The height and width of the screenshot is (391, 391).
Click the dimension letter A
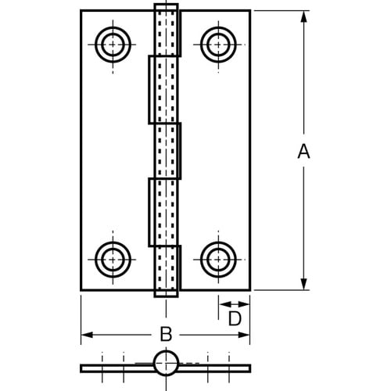pyautogui.click(x=303, y=152)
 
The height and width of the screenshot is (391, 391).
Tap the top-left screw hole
pyautogui.click(x=113, y=44)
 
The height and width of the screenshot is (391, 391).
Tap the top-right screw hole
pyautogui.click(x=217, y=44)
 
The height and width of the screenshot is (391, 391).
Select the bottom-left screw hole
pyautogui.click(x=113, y=257)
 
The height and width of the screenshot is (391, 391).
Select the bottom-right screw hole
pyautogui.click(x=217, y=257)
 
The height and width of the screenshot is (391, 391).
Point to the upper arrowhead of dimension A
pyautogui.click(x=303, y=15)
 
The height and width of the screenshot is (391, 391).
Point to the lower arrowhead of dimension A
pyautogui.click(x=303, y=285)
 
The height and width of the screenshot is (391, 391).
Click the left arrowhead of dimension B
pyautogui.click(x=86, y=335)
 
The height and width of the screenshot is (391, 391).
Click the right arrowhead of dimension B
pyautogui.click(x=246, y=335)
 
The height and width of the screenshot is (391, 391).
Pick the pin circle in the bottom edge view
pyautogui.click(x=165, y=364)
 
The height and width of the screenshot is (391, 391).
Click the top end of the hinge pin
pyautogui.click(x=165, y=8)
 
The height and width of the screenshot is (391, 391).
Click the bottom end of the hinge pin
pyautogui.click(x=165, y=293)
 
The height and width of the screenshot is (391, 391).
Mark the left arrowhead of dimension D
pyautogui.click(x=222, y=302)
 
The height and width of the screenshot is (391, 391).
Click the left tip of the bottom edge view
pyautogui.click(x=82, y=367)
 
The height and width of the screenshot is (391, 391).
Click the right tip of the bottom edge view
pyautogui.click(x=249, y=367)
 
